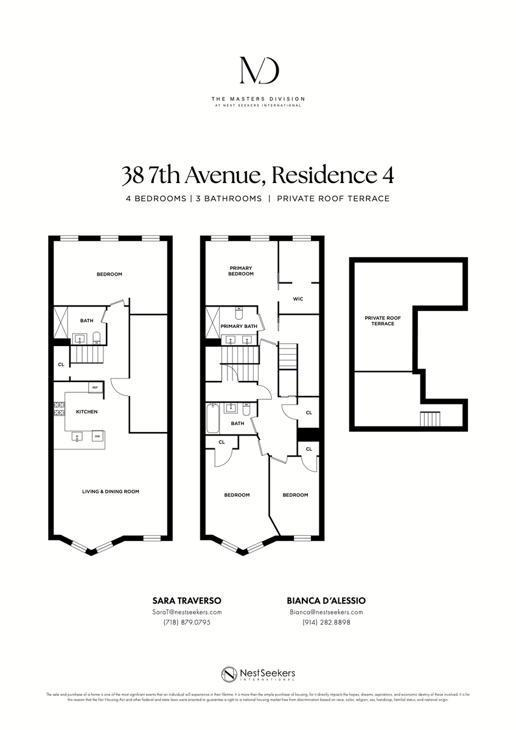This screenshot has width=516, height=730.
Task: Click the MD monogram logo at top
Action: pos(258,71)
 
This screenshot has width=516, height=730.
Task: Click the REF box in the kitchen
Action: pos(96,387)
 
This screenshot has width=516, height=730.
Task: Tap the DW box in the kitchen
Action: pos(97,436)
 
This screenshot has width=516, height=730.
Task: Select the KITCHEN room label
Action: pos(86,412)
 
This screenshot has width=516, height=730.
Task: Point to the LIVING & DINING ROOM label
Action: pos(111,492)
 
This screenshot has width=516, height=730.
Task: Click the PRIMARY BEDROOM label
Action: pos(241,271)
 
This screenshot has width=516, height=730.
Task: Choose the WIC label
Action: pos(298,299)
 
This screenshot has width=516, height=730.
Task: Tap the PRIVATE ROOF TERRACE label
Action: pos(379,321)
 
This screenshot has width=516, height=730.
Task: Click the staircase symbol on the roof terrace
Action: pos(430,420)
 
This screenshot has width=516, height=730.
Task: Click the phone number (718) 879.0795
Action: pos(186,622)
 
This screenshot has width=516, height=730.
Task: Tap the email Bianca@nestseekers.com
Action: pos(326,612)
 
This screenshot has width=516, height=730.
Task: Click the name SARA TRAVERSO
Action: pos(186,600)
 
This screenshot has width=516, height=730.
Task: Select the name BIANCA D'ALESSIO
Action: pos(326,600)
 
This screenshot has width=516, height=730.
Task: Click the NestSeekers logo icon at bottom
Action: pos(229,675)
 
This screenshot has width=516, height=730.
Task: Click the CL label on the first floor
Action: pos(61,365)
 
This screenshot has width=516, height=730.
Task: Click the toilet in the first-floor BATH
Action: pos(96,338)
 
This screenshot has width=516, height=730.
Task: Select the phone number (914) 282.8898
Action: pos(326,622)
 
